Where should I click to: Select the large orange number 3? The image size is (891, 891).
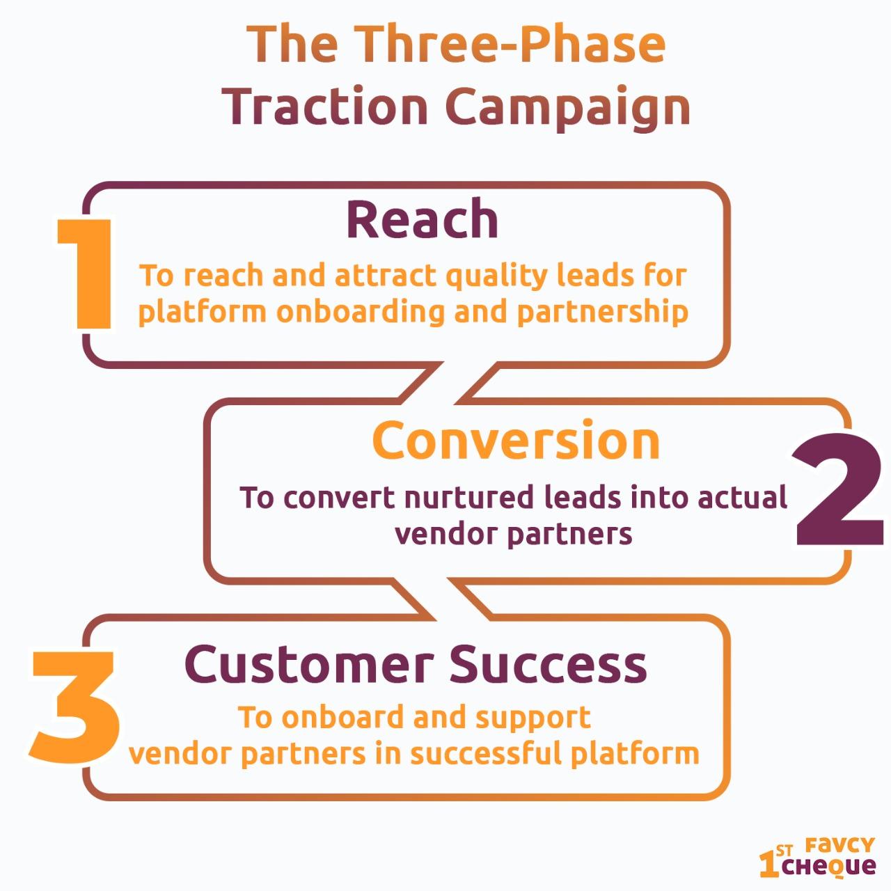[74, 707]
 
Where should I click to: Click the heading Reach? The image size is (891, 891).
[422, 219]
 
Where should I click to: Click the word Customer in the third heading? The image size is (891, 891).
[309, 664]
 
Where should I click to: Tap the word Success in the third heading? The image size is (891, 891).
[548, 664]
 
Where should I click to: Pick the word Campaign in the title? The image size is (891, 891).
[568, 109]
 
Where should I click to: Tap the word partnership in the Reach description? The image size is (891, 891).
[603, 313]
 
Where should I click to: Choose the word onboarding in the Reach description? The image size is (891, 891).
[360, 313]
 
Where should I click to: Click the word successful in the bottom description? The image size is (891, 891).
[485, 754]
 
